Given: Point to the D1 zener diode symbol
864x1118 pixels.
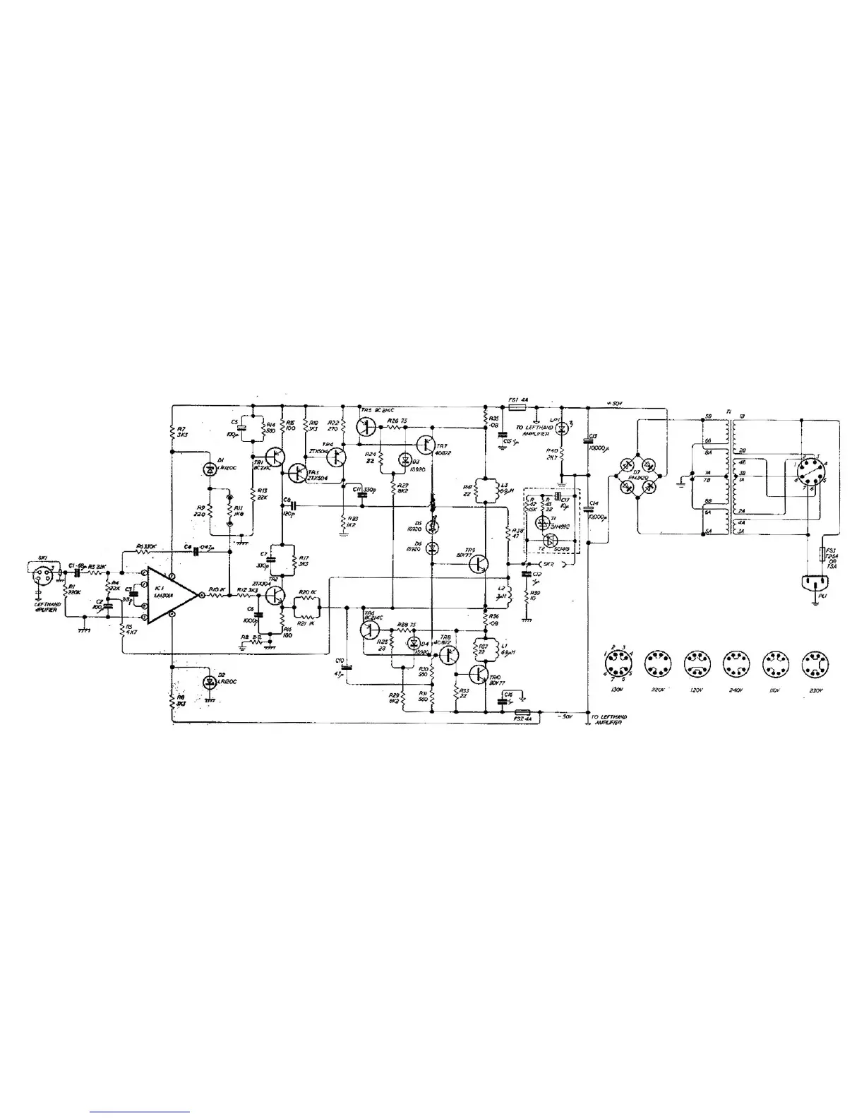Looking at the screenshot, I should click(x=209, y=469).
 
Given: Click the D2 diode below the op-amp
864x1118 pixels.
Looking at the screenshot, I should click(x=209, y=683).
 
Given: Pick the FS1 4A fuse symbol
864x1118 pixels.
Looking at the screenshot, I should click(x=514, y=407).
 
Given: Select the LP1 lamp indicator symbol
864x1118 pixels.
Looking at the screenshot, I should click(x=562, y=426).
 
